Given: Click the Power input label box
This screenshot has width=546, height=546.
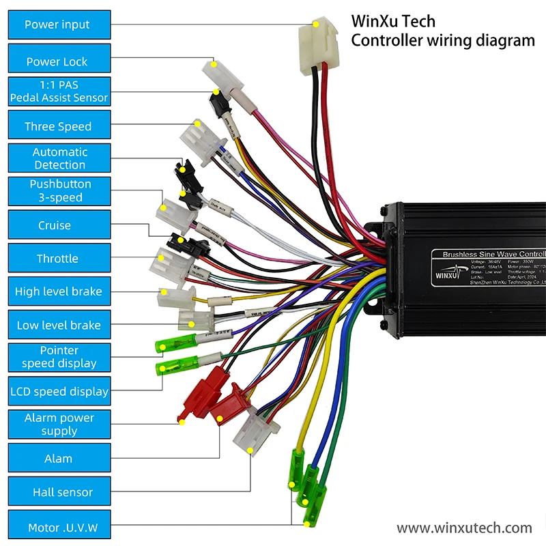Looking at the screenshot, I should [x=58, y=25].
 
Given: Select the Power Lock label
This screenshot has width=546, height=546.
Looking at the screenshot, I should [x=58, y=61].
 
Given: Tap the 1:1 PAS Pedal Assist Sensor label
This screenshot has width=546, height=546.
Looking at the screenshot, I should [x=58, y=91].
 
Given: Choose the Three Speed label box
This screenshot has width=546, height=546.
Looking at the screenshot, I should [x=58, y=126].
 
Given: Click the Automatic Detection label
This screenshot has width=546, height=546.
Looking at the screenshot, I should [x=58, y=158].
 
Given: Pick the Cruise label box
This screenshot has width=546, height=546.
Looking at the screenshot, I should [x=58, y=225].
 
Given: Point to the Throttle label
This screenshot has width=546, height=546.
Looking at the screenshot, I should [x=58, y=259].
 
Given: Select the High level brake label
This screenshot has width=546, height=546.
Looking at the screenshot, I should [x=58, y=291].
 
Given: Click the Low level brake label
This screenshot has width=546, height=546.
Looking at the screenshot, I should [x=58, y=326].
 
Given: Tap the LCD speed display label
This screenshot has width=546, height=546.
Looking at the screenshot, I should [x=58, y=392].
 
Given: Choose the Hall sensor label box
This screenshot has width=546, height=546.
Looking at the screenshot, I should [x=58, y=492].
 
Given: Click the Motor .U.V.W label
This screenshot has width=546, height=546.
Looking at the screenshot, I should [x=58, y=528].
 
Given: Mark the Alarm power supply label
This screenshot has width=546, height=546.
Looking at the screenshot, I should [x=58, y=425].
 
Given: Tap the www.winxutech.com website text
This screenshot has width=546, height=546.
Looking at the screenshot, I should [x=464, y=528].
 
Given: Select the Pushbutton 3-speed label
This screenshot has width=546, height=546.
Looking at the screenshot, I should [x=58, y=191].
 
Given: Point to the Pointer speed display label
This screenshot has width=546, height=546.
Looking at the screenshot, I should [x=58, y=357].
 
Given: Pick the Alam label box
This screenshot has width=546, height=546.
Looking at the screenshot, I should [x=58, y=459].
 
